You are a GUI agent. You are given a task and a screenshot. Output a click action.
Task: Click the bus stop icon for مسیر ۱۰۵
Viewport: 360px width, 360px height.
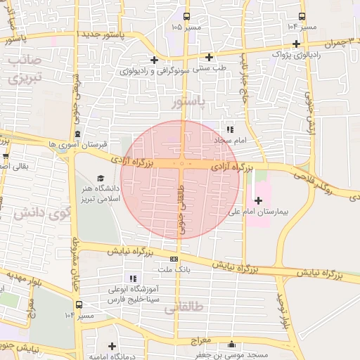[x=186, y=16]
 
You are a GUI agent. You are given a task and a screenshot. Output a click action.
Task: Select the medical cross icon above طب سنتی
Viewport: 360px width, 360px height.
[x=209, y=57]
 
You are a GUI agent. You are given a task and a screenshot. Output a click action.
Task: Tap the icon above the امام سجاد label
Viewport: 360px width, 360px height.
[x=230, y=129]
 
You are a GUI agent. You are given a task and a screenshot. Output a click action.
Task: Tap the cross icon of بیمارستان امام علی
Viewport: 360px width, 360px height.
[x=258, y=200]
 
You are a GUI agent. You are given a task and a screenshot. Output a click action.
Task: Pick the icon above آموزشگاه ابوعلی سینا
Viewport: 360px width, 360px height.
[x=134, y=278]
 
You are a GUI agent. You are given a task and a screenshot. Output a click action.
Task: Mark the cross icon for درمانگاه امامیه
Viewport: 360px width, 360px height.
[x=112, y=346]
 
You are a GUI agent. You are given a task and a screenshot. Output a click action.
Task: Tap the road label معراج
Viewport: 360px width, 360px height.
[x=201, y=340]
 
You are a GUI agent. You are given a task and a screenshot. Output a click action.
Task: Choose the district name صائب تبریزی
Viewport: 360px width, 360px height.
[x=26, y=69]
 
